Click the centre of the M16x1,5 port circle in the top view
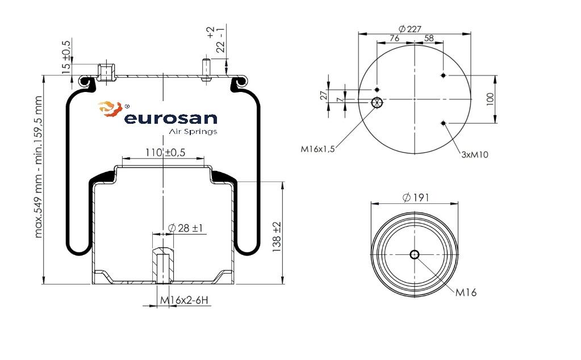[377, 102]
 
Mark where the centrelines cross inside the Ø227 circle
[415, 99]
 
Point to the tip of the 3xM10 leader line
[444, 123]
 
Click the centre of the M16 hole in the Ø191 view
[415, 254]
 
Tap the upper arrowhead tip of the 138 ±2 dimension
[283, 182]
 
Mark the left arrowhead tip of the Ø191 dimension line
[371, 203]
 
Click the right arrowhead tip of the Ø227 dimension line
[471, 34]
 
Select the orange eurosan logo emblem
[110, 109]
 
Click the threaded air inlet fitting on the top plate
[106, 73]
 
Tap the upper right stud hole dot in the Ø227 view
[443, 75]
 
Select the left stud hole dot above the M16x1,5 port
[377, 90]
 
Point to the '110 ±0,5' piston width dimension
[165, 152]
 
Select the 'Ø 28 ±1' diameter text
[185, 228]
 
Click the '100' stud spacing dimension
[490, 99]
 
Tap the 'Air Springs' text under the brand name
[193, 132]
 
